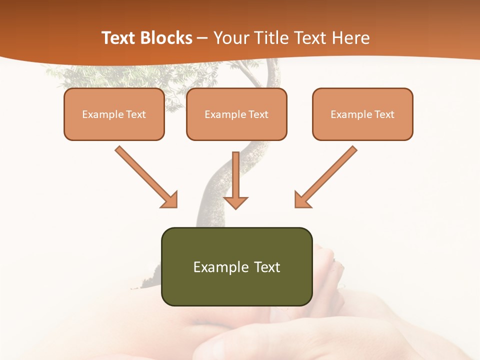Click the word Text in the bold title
coord(118,38)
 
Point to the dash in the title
coord(202,38)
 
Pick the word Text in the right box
coord(384,114)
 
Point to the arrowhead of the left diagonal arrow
coord(170,200)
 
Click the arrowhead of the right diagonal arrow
coord(302,200)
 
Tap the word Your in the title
coord(228,38)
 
